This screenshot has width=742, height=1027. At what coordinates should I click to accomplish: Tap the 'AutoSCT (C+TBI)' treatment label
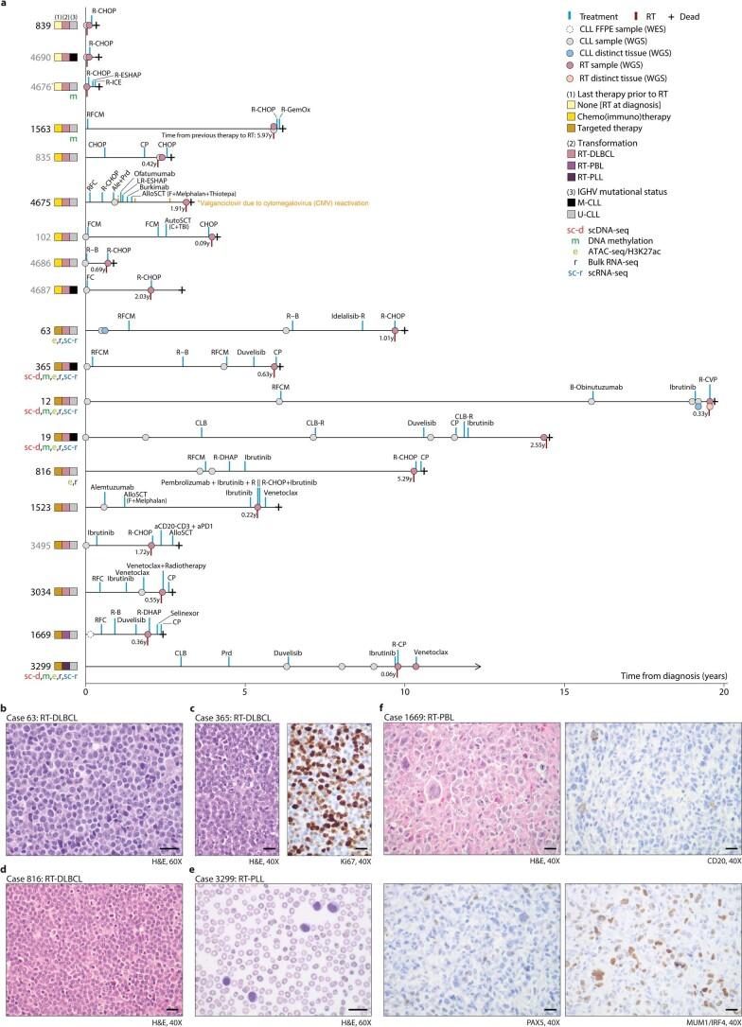pos(177,223)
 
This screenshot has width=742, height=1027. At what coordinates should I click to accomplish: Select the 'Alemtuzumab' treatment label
pos(112,487)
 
